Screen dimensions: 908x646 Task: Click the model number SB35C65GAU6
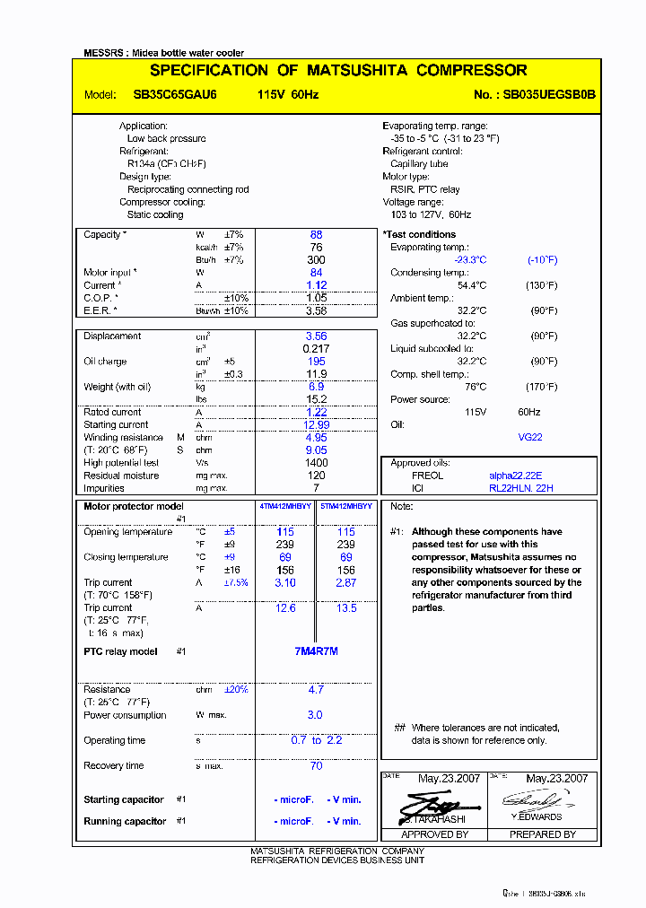168,95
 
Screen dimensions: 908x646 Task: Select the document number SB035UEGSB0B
549,95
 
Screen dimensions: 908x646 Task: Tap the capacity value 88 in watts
316,235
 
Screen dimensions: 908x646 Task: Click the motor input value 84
316,273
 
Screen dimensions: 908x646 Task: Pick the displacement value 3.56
316,336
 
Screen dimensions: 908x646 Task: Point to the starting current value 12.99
316,425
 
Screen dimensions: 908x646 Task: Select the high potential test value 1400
316,463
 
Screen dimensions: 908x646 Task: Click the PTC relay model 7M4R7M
316,651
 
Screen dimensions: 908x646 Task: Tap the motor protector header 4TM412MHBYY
285,507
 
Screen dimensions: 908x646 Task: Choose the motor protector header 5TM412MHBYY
345,507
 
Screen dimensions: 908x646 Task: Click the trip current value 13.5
345,608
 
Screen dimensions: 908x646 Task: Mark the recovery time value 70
316,766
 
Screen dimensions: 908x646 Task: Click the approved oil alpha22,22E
516,476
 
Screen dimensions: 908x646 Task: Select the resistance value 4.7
316,690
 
